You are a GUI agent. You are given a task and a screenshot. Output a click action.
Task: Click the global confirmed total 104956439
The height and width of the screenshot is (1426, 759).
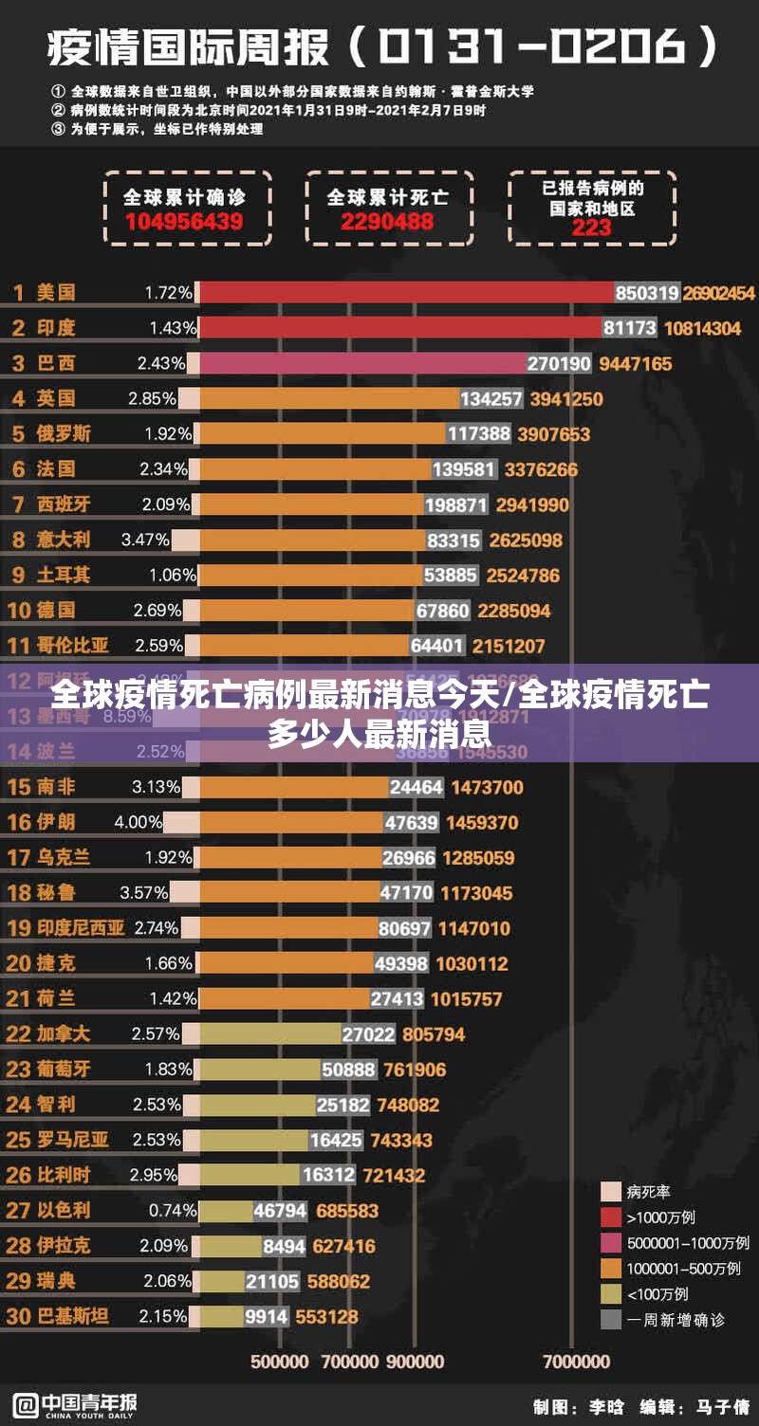point(183,222)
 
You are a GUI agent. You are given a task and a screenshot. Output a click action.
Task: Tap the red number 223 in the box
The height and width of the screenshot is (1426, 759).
point(591,228)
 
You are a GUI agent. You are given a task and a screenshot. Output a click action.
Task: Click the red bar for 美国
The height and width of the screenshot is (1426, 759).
point(406,293)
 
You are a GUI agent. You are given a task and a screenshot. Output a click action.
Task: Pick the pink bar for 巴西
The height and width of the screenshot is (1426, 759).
point(361,363)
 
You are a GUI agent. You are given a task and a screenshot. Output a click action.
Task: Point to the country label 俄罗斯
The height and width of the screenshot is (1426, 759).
point(64,433)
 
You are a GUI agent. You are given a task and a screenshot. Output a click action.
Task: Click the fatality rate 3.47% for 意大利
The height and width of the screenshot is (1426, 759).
point(144,539)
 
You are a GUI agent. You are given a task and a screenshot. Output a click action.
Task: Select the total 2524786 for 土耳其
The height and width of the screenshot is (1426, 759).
point(523,575)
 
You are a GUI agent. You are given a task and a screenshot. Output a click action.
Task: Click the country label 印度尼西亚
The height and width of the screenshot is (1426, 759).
point(81,927)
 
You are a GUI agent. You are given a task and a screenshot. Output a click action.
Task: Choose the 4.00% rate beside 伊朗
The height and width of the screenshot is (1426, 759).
point(138,822)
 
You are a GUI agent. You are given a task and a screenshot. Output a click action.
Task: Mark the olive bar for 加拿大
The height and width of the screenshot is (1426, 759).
point(270,1033)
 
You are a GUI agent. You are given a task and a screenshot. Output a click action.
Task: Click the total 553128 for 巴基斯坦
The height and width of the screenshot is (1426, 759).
point(326,1316)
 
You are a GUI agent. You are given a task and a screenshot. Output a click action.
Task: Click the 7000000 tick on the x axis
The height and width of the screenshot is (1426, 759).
point(576,1362)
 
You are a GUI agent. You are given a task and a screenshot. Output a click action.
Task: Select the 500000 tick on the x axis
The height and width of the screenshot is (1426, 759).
point(279,1362)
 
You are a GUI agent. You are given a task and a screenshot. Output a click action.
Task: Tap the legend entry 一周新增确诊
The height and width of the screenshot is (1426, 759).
point(676,1319)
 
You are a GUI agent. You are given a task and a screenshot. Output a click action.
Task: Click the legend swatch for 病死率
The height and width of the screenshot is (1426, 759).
point(611,1192)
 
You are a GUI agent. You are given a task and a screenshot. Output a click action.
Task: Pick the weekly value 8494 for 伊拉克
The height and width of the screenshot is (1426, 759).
point(284,1246)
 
